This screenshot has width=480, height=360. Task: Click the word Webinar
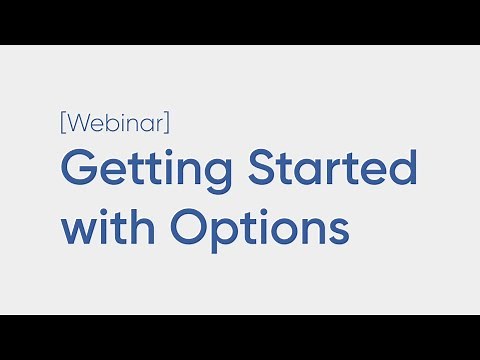pos(115,124)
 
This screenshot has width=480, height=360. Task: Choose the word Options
pos(259,229)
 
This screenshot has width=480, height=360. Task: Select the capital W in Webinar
pos(79,124)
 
